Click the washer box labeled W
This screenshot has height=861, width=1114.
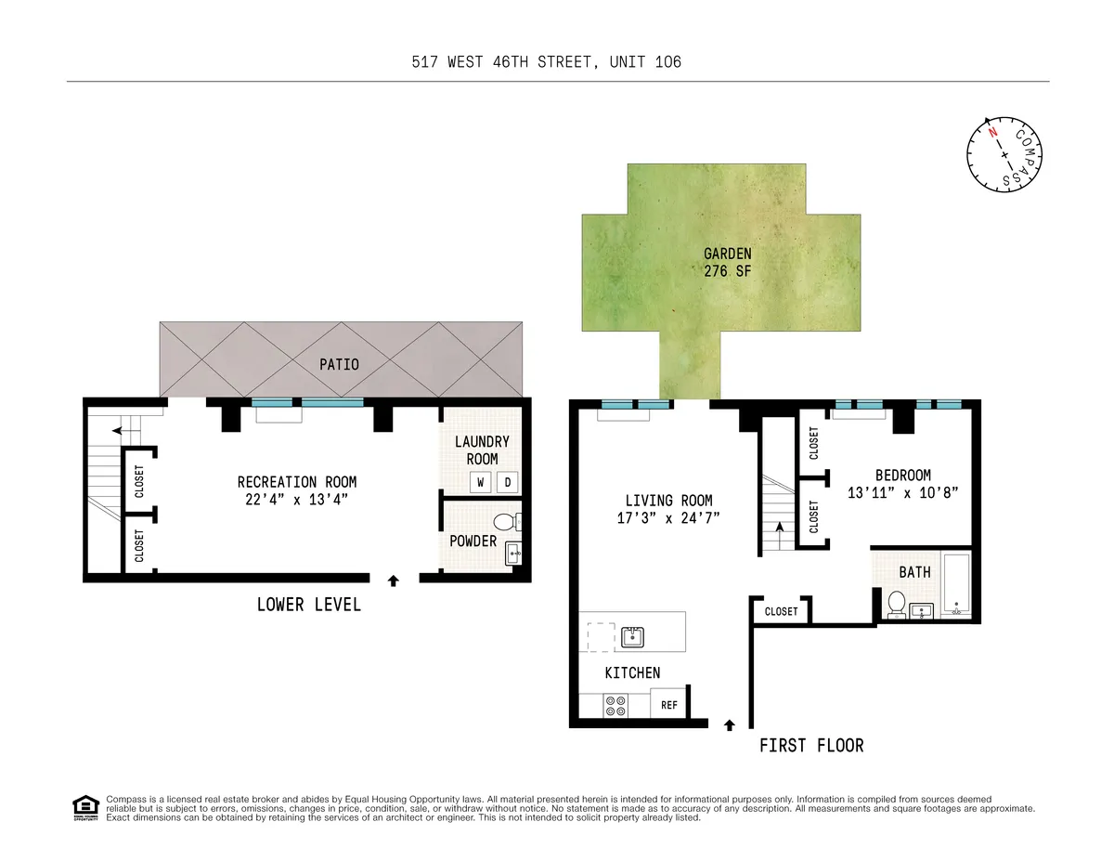[x=481, y=482]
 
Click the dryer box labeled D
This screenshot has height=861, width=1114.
[x=508, y=482]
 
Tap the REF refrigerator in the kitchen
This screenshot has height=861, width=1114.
[x=668, y=705]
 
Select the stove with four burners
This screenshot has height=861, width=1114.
[x=615, y=705]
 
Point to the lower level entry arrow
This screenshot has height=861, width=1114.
[x=393, y=581]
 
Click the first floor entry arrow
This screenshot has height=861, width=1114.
[x=729, y=724]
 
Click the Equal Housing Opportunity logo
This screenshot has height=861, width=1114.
[x=85, y=808]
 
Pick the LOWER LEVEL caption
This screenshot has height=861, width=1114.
[x=308, y=605]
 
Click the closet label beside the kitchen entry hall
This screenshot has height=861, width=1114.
[x=781, y=611]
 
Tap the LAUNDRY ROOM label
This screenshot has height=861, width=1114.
[x=482, y=450]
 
